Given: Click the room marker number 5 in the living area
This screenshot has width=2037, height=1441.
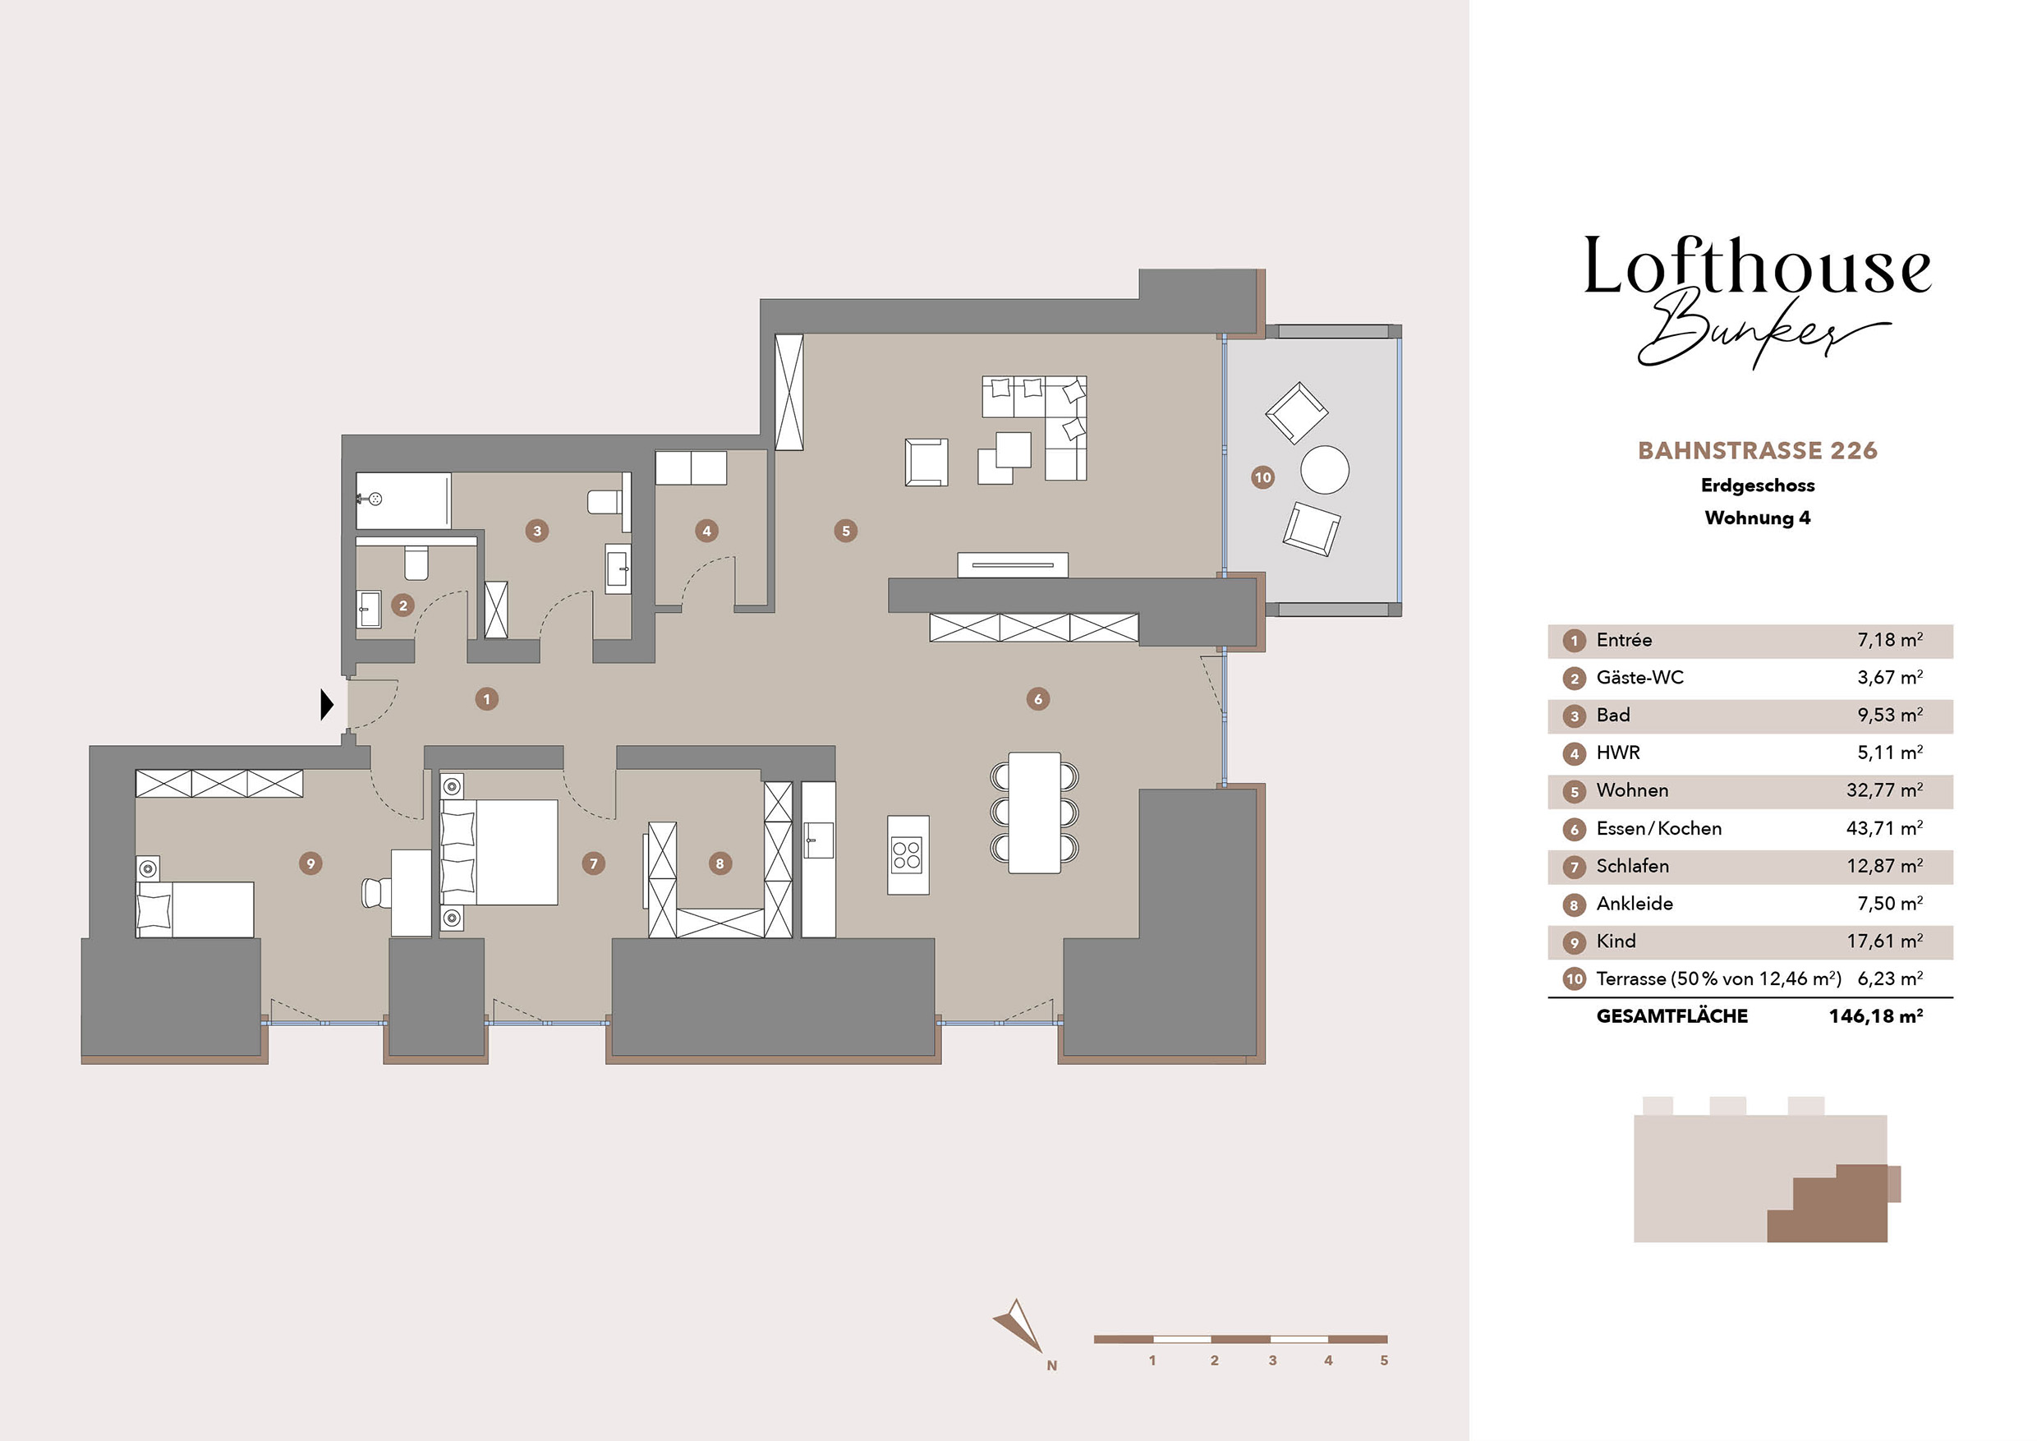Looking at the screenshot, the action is [845, 531].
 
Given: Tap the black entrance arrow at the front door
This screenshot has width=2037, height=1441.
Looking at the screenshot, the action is [326, 705].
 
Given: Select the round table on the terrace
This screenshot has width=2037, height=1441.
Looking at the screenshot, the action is [1325, 469].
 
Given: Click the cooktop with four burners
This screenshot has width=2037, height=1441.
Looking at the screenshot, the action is [908, 855].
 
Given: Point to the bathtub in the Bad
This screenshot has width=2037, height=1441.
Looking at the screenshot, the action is [403, 500].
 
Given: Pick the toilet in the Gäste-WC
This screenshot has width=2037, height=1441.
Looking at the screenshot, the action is [416, 562].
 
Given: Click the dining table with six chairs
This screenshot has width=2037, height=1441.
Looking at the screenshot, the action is [1034, 812].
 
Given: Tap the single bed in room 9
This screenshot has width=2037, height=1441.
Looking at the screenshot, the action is [195, 909].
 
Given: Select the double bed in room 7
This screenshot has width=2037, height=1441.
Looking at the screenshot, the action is [499, 853].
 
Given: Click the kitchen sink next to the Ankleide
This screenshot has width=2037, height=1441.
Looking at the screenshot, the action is [818, 840].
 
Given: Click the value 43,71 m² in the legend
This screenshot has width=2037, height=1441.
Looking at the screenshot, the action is [1884, 828].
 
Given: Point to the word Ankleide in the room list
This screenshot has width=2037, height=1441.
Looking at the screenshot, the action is [1635, 903].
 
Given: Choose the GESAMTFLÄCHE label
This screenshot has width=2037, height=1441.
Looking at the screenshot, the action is [1671, 1016].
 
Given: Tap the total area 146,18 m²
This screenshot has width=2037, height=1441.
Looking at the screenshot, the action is [1875, 1016].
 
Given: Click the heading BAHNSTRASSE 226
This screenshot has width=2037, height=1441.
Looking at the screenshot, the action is [1758, 451].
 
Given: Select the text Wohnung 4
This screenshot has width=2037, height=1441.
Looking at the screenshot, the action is [1758, 518].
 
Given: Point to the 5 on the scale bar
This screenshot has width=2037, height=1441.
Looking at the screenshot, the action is [1384, 1360].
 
